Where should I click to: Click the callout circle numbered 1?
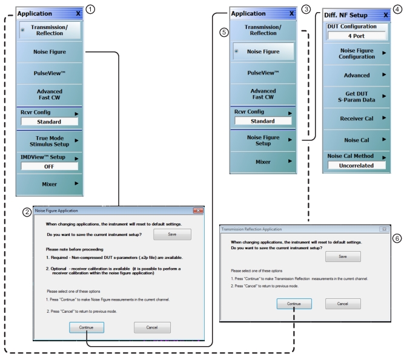pos(91,8)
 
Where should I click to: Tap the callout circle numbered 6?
pos(397,239)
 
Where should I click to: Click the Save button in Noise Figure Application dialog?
pos(172,234)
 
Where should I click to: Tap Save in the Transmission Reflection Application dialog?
pos(343,257)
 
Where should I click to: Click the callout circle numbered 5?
pos(224,33)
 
